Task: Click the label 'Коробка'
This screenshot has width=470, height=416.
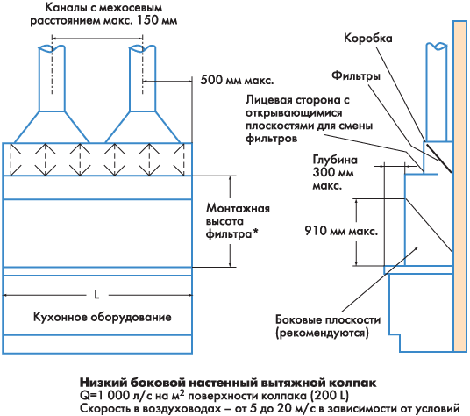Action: coord(367,39)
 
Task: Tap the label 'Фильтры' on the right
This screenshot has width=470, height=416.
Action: coord(356,75)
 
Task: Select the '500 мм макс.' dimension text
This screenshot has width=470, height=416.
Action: coord(237,81)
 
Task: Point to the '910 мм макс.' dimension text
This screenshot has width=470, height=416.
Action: coord(341,231)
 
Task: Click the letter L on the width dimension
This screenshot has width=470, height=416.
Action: coord(96,295)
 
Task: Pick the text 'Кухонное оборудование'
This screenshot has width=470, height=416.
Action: coord(103,317)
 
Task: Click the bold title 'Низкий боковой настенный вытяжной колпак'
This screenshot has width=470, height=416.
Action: coord(228,383)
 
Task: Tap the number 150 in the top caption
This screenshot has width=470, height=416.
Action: coord(147,20)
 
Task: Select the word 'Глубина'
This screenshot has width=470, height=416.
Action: coord(335,160)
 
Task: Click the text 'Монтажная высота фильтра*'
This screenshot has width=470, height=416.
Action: coord(238,221)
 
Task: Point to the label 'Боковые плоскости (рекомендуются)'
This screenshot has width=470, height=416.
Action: coord(328,326)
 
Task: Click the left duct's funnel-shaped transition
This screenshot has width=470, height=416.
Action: coord(52,127)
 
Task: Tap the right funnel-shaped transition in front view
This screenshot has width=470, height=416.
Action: coord(143,127)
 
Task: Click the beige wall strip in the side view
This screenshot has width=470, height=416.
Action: coord(459,186)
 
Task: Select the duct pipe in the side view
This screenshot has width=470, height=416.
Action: coord(437,92)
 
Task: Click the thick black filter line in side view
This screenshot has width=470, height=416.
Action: coord(439,158)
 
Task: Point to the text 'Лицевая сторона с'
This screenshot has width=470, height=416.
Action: coord(297,100)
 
